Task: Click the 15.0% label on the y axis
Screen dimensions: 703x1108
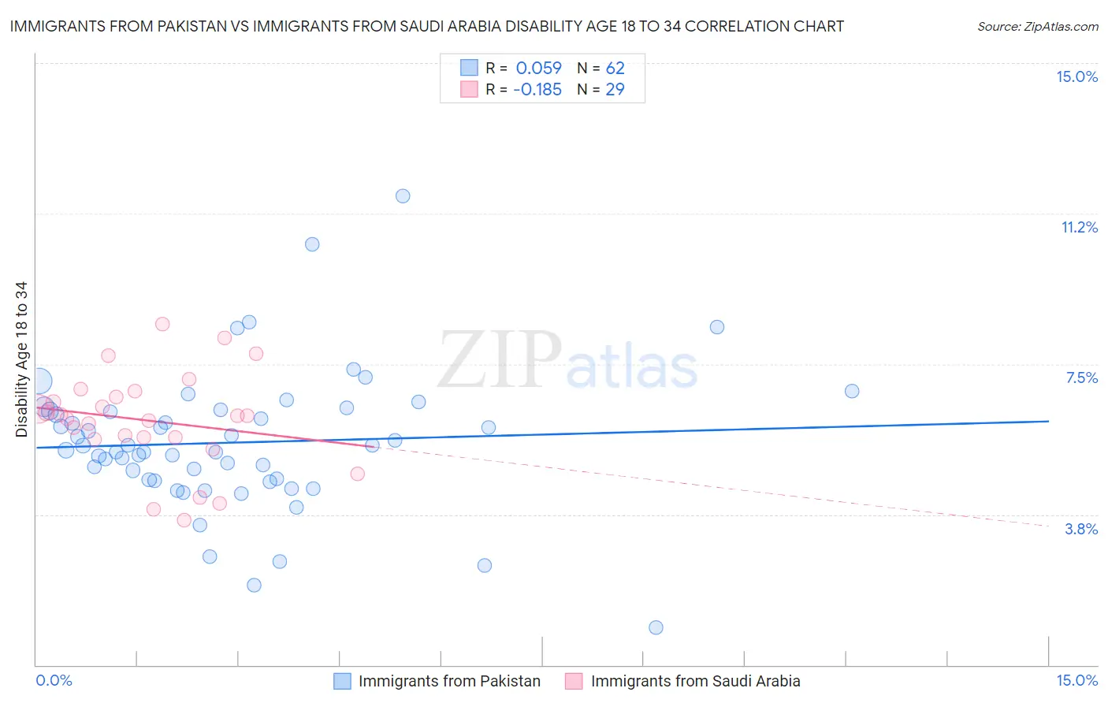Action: (x=1076, y=76)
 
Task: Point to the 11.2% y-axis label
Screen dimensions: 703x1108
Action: (x=1079, y=227)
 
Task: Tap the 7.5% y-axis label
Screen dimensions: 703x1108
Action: (x=1081, y=378)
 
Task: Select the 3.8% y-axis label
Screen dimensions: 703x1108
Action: (x=1081, y=529)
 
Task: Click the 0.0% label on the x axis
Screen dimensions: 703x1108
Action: (x=54, y=680)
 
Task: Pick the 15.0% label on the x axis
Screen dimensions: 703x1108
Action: (x=1076, y=680)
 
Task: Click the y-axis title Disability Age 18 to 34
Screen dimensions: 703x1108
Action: (x=21, y=359)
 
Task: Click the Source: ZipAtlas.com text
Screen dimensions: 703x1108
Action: (x=1038, y=27)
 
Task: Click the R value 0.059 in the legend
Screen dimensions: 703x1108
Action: (x=538, y=68)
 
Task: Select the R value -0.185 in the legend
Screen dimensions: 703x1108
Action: (x=537, y=89)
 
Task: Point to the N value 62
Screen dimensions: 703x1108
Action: (x=615, y=68)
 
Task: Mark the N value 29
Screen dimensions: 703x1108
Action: (x=615, y=89)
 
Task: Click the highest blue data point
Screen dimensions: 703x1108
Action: (x=403, y=196)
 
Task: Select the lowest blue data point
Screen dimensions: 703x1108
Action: (x=656, y=627)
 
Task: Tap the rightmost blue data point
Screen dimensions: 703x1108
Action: (x=852, y=391)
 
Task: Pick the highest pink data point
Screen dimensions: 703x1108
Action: (x=162, y=324)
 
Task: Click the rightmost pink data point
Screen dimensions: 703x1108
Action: (x=358, y=474)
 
